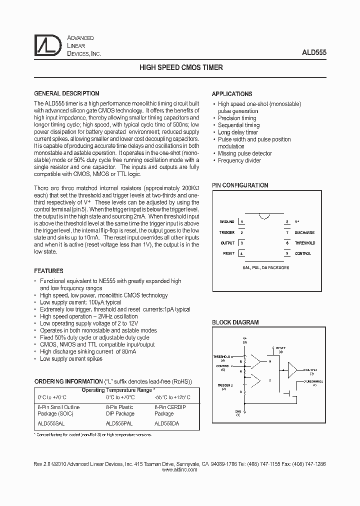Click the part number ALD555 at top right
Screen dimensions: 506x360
point(314,51)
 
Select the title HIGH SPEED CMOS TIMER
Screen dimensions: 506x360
point(180,67)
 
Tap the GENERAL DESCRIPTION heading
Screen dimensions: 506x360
point(66,93)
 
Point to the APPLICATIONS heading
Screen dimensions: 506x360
point(232,94)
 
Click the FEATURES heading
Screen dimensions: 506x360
point(48,271)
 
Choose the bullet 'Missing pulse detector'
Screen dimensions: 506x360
point(245,153)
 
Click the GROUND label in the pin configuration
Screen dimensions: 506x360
point(227,221)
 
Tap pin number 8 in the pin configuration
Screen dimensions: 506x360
point(287,221)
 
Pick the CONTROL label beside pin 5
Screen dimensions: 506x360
point(303,253)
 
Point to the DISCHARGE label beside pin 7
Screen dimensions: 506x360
point(304,232)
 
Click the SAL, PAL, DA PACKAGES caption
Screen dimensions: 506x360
point(264,267)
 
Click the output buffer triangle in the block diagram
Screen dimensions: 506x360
point(292,369)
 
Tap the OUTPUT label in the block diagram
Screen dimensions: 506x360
point(311,369)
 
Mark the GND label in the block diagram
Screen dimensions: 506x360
point(238,412)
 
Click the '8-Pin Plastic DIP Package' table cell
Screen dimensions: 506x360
point(120,410)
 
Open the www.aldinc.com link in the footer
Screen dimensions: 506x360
point(180,470)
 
